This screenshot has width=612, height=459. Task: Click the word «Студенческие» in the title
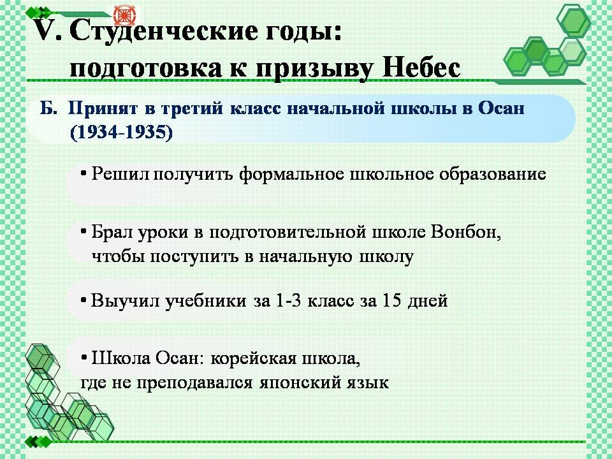coord(164,31)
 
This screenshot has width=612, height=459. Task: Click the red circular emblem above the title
coord(124,15)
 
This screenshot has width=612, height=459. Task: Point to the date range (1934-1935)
coord(121,133)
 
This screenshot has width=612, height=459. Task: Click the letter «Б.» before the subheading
coord(48,108)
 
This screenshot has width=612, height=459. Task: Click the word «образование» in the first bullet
coord(492,174)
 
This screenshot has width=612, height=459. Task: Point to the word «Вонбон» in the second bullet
coord(466,233)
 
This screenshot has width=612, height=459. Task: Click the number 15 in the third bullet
coord(392,300)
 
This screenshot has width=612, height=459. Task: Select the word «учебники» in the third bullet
coord(205,301)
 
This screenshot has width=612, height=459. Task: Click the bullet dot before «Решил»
coord(84,172)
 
